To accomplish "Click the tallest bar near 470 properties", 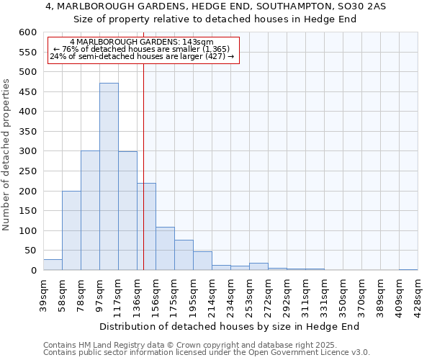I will [109, 176].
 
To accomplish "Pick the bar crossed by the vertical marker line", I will [146, 227].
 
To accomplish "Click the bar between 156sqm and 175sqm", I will [165, 248].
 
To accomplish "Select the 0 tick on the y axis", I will [33, 271].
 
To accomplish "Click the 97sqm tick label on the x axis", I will [99, 294].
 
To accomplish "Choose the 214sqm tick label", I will [212, 294].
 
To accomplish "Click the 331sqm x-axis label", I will [324, 294].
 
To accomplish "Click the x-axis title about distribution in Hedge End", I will [229, 326].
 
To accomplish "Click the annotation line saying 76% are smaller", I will [142, 50].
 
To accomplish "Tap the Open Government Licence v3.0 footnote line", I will [207, 353].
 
